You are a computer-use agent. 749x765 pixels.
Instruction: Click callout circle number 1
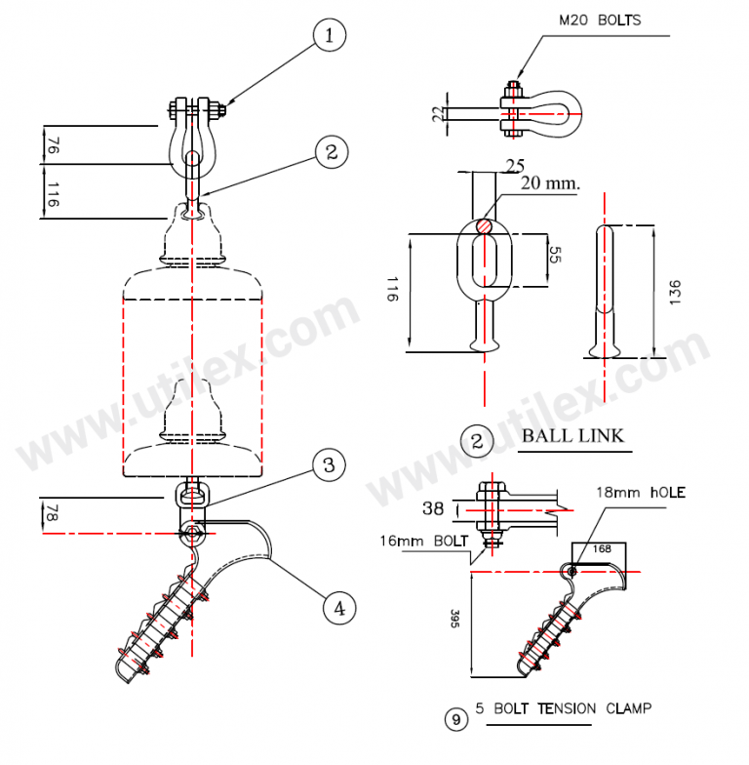tap(330, 36)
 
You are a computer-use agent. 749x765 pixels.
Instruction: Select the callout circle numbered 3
tap(329, 465)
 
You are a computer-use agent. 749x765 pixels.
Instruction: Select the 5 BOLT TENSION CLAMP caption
tap(563, 707)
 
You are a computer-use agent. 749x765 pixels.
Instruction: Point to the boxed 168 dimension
tap(600, 549)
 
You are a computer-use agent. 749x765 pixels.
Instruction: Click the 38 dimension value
tap(436, 507)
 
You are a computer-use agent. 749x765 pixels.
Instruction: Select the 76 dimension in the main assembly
tap(52, 145)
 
